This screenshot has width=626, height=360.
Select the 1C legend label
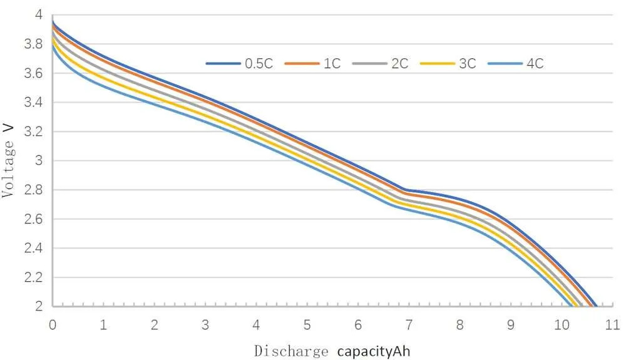332,64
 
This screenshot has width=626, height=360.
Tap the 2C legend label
400,64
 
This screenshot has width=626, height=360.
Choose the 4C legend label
535,64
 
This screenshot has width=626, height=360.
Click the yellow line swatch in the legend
436,64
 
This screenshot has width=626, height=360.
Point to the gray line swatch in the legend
369,64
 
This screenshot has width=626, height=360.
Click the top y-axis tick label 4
39,15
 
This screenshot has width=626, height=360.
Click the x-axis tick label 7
409,325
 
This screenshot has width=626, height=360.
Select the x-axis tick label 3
205,325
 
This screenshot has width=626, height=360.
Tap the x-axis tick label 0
53,325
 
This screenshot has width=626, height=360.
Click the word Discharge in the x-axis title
291,351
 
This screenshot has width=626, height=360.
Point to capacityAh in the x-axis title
374,351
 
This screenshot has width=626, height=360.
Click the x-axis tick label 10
561,325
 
